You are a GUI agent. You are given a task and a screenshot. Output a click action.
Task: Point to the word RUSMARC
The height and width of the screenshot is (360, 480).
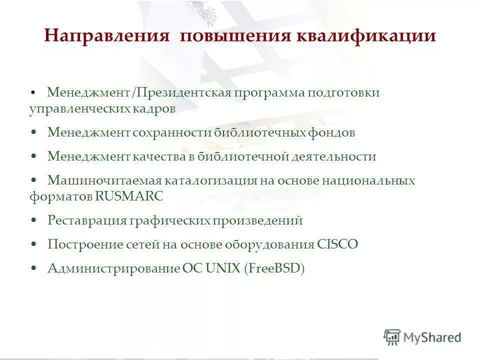[x=136, y=196]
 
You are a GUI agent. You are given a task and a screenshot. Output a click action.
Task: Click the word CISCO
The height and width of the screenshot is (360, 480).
[x=337, y=244]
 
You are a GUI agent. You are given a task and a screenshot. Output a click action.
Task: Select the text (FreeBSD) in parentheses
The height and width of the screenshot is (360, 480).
[x=274, y=268]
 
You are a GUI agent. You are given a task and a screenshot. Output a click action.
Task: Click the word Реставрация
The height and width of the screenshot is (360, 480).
[x=85, y=220]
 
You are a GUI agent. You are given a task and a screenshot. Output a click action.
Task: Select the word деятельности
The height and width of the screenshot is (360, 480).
[x=334, y=156]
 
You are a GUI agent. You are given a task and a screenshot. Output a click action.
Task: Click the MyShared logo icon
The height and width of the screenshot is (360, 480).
[x=392, y=337]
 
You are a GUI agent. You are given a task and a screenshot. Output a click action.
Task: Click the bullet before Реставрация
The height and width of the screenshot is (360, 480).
[x=33, y=220]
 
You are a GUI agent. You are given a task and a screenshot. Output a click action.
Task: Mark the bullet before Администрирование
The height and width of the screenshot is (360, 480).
[x=33, y=268]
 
